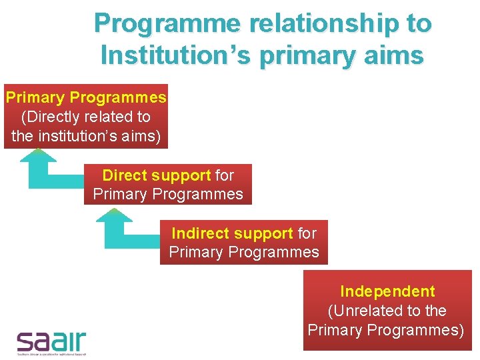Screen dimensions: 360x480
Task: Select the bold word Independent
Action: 387,291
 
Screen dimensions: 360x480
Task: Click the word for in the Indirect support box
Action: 307,233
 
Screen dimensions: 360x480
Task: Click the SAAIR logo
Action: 51,341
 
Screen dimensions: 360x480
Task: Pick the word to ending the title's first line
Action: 418,24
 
